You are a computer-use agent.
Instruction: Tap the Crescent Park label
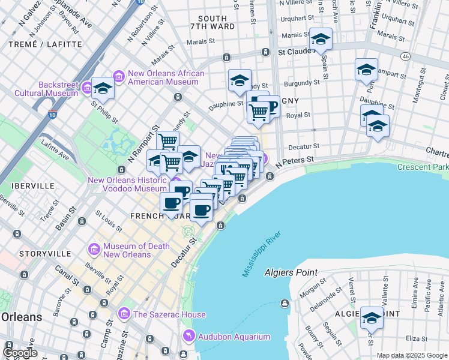tap(427, 166)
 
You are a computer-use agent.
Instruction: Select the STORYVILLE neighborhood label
tap(40, 254)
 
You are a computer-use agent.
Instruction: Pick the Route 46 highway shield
tap(406, 56)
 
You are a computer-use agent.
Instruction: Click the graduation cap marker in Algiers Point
tap(372, 318)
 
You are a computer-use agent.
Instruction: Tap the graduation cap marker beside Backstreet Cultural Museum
tap(103, 89)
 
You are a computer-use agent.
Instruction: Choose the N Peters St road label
tap(295, 161)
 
